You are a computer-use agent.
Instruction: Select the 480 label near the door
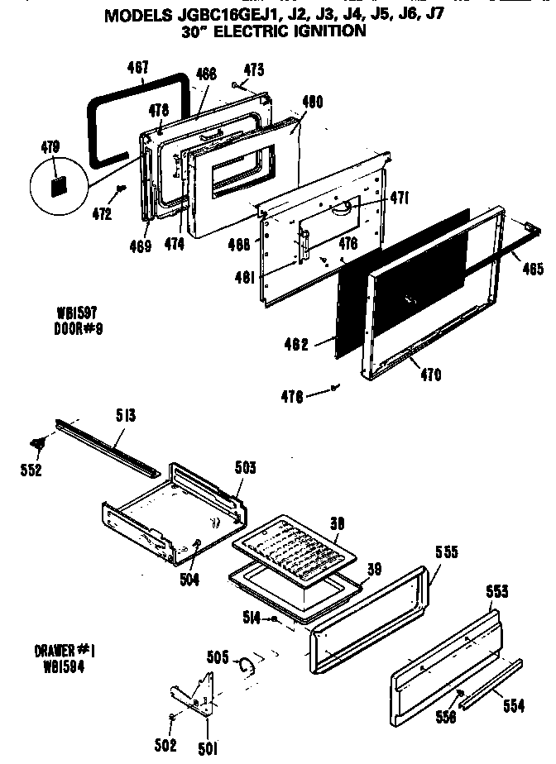click(312, 103)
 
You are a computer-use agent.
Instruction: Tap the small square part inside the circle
click(59, 185)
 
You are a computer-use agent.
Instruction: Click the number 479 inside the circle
click(50, 148)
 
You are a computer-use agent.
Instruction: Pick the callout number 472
click(101, 214)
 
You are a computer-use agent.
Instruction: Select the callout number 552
click(31, 470)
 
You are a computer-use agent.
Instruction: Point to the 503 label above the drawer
click(244, 468)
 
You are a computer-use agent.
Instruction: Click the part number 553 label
click(496, 591)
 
